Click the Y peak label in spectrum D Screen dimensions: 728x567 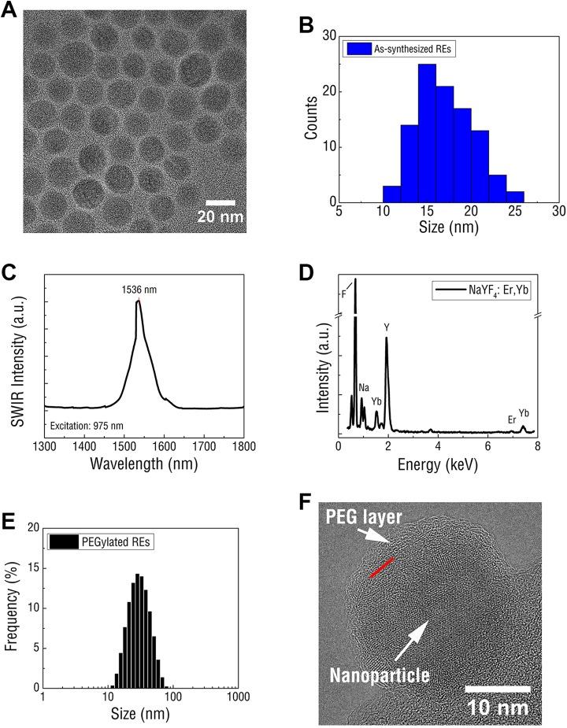[x=387, y=325]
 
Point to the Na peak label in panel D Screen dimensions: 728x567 [x=364, y=387]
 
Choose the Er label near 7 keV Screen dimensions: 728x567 [x=513, y=419]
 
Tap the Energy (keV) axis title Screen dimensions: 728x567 [x=438, y=466]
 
